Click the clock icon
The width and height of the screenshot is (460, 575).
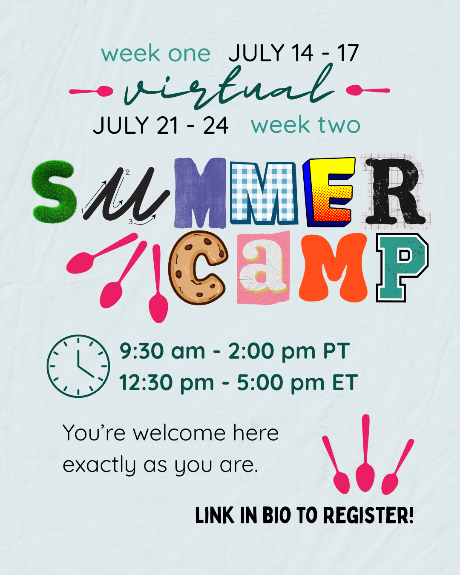tap(78, 366)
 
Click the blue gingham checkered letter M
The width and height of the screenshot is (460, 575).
tap(263, 194)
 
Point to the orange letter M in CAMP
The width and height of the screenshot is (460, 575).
tap(333, 267)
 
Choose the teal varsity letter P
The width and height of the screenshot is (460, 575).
tap(401, 267)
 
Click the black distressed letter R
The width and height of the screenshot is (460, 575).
tap(394, 192)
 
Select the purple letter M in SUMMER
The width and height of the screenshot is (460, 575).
tap(200, 193)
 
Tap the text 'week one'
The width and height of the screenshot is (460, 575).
tap(156, 54)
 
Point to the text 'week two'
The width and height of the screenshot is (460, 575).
tap(305, 125)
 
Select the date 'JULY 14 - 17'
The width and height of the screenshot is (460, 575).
tap(293, 54)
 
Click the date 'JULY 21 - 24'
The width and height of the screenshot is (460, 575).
tap(161, 126)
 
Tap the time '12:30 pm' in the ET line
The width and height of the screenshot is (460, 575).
tap(166, 382)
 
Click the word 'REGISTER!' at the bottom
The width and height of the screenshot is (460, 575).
tap(368, 515)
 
